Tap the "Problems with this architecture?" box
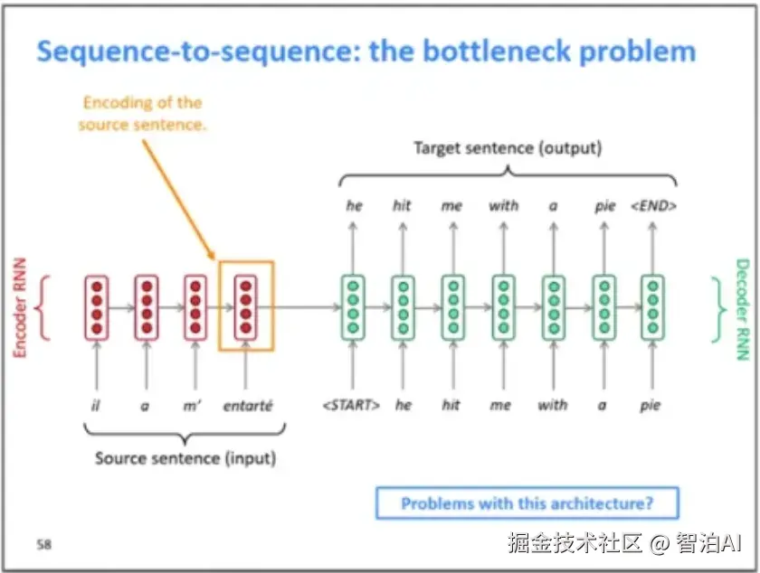tap(527, 503)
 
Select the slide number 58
tap(43, 544)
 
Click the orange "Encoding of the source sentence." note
tap(142, 113)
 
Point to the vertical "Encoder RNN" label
tap(19, 307)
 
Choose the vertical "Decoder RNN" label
tap(743, 309)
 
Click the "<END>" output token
tap(653, 206)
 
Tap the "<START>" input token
tap(351, 405)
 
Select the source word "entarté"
tap(248, 405)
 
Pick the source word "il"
tap(96, 405)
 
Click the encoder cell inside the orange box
tap(246, 307)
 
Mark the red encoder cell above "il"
tap(97, 307)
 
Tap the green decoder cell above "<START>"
tap(353, 307)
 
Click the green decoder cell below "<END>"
tap(653, 307)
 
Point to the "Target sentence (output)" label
tap(508, 147)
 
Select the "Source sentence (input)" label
tap(185, 458)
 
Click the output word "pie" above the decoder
tap(605, 206)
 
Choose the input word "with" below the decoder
tap(553, 405)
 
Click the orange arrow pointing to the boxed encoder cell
tap(179, 200)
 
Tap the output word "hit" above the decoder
tap(402, 206)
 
